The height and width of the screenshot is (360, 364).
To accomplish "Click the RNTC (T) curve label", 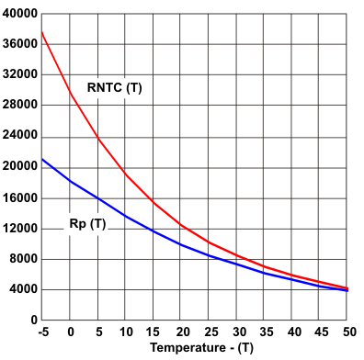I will click(x=115, y=87).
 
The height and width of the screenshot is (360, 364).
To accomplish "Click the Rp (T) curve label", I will click(x=88, y=223).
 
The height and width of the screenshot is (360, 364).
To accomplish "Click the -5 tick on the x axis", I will click(x=41, y=331).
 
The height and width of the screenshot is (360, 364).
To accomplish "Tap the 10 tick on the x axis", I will click(x=125, y=331).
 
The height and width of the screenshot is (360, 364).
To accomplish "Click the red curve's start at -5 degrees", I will click(x=42, y=32).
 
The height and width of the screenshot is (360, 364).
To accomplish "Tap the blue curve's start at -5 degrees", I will click(x=42, y=159).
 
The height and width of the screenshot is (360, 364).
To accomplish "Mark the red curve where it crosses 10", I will click(x=125, y=174).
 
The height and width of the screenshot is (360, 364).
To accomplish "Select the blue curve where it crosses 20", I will click(x=181, y=244).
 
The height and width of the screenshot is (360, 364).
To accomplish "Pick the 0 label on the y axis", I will click(x=31, y=320).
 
